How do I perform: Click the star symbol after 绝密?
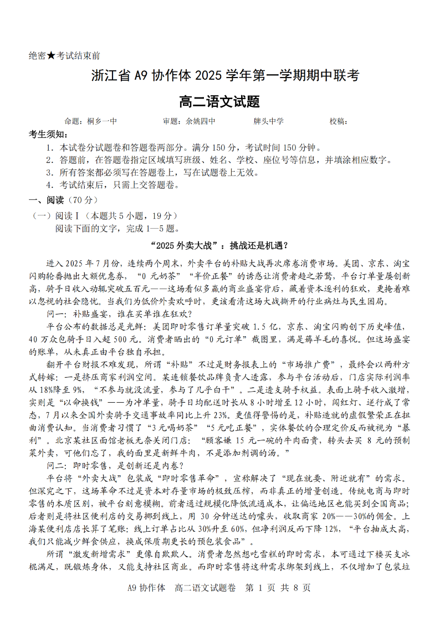(51, 56)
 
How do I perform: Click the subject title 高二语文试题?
(220, 101)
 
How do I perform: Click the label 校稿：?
(339, 121)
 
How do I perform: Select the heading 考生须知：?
(49, 135)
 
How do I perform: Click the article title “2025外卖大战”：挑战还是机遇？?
(220, 245)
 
